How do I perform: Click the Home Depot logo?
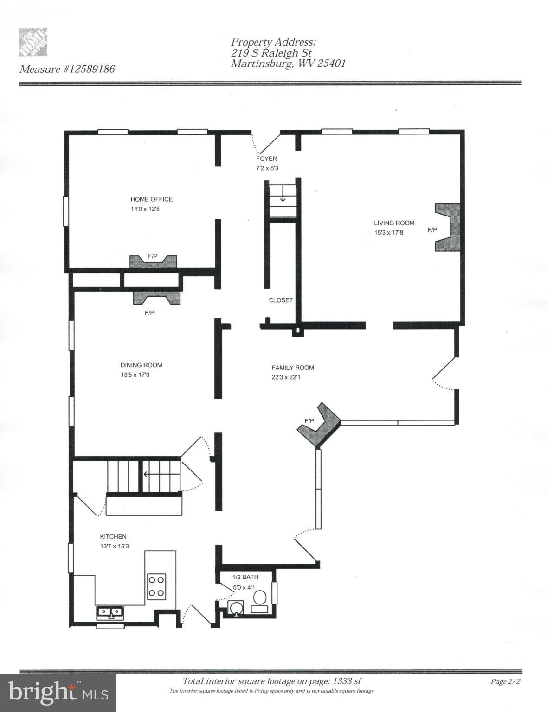click(33, 42)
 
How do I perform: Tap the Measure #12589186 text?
click(67, 69)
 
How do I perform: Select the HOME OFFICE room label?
click(151, 199)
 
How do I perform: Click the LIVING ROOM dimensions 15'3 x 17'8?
click(388, 233)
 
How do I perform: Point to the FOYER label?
click(266, 159)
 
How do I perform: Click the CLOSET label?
click(281, 300)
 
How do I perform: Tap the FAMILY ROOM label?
click(293, 368)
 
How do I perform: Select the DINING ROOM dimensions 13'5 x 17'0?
click(135, 375)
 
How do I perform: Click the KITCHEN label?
click(113, 537)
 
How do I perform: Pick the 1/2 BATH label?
click(245, 577)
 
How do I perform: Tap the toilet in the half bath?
click(259, 601)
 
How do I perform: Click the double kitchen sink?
click(110, 613)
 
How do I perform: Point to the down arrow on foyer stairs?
click(283, 197)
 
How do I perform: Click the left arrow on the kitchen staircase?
click(147, 474)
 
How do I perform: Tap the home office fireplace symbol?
click(153, 261)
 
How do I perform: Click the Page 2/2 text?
click(506, 681)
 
